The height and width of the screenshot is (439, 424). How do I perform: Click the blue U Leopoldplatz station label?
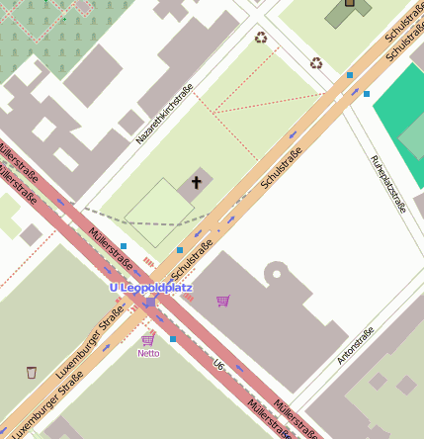[150, 288]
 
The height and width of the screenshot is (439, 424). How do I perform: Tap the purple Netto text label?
[148, 353]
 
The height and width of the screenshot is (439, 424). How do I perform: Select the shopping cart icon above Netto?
[148, 339]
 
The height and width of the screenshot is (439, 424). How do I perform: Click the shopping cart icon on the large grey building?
[223, 301]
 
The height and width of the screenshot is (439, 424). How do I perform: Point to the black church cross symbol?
[196, 182]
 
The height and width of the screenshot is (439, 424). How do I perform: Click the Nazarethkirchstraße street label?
[164, 114]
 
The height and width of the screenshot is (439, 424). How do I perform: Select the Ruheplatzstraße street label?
[388, 184]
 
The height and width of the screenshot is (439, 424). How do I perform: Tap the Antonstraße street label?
[356, 345]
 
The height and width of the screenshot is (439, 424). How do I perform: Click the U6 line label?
[218, 366]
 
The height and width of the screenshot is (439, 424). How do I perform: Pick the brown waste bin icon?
[32, 372]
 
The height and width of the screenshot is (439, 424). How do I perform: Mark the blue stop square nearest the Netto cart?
[173, 339]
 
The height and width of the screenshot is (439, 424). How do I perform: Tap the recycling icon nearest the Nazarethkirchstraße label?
[260, 38]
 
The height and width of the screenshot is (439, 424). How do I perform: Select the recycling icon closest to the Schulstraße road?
[316, 63]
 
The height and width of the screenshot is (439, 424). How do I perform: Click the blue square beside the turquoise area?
[367, 94]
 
